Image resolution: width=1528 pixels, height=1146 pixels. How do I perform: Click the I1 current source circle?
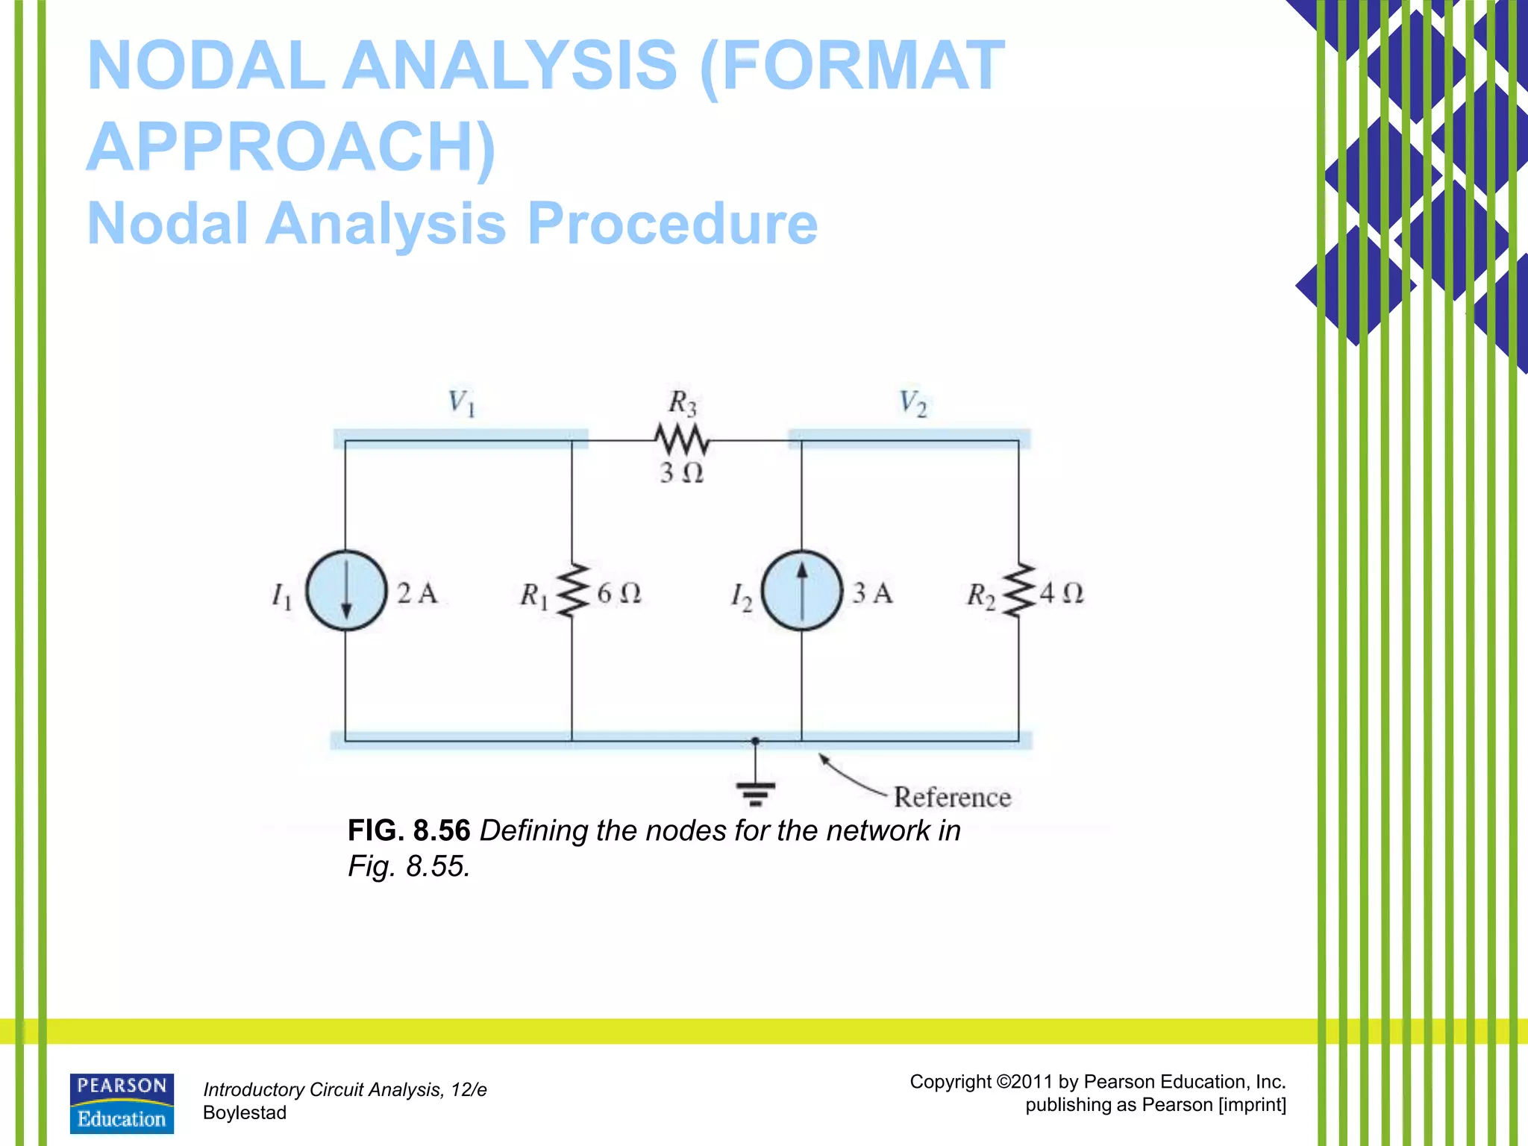coord(346,590)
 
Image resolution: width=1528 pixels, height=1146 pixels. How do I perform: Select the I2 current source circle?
coord(802,590)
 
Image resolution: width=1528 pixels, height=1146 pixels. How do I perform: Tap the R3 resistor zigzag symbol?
coord(681,440)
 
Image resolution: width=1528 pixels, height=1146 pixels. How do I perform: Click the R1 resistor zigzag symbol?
coord(572,591)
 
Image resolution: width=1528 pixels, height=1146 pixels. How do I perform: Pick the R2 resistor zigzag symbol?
coord(1018,591)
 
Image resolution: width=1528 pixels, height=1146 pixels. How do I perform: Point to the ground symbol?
coord(755,792)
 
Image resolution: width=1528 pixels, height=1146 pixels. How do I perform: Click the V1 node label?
coord(461,403)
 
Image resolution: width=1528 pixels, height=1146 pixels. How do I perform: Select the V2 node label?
coord(912,403)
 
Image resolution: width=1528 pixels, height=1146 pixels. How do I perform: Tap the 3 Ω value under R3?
coord(681,472)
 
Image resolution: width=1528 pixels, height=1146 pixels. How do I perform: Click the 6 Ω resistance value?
coord(619,593)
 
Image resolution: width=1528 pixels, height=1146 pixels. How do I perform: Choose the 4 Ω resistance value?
coord(1061,593)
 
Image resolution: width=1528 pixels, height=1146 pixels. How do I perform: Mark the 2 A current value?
coord(416,593)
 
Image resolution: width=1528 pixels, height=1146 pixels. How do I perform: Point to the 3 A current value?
coord(872,593)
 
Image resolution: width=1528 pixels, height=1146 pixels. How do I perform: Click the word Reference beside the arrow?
coord(952,797)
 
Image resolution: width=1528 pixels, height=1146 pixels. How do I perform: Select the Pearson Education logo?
coord(122,1103)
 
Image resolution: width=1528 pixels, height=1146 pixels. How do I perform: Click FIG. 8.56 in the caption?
coord(409,830)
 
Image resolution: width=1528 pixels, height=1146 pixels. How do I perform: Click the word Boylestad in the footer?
coord(245,1112)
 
